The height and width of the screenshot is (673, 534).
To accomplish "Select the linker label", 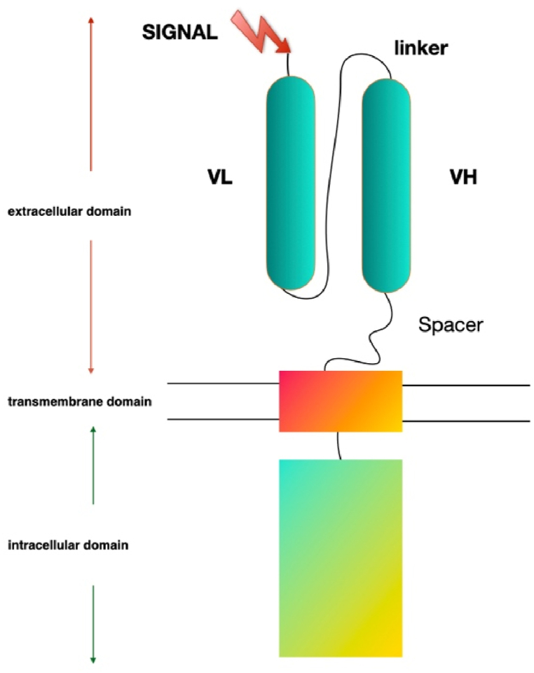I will point(421,48).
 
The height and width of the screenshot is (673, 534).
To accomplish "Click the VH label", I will point(463,178).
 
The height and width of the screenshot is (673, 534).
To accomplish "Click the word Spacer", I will point(451,325).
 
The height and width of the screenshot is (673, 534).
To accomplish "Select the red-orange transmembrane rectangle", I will point(341,400).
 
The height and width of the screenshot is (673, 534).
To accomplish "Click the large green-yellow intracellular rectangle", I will point(341,557).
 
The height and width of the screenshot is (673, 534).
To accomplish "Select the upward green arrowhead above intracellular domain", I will point(93,428).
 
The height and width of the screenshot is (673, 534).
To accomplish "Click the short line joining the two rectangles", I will point(339,445).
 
